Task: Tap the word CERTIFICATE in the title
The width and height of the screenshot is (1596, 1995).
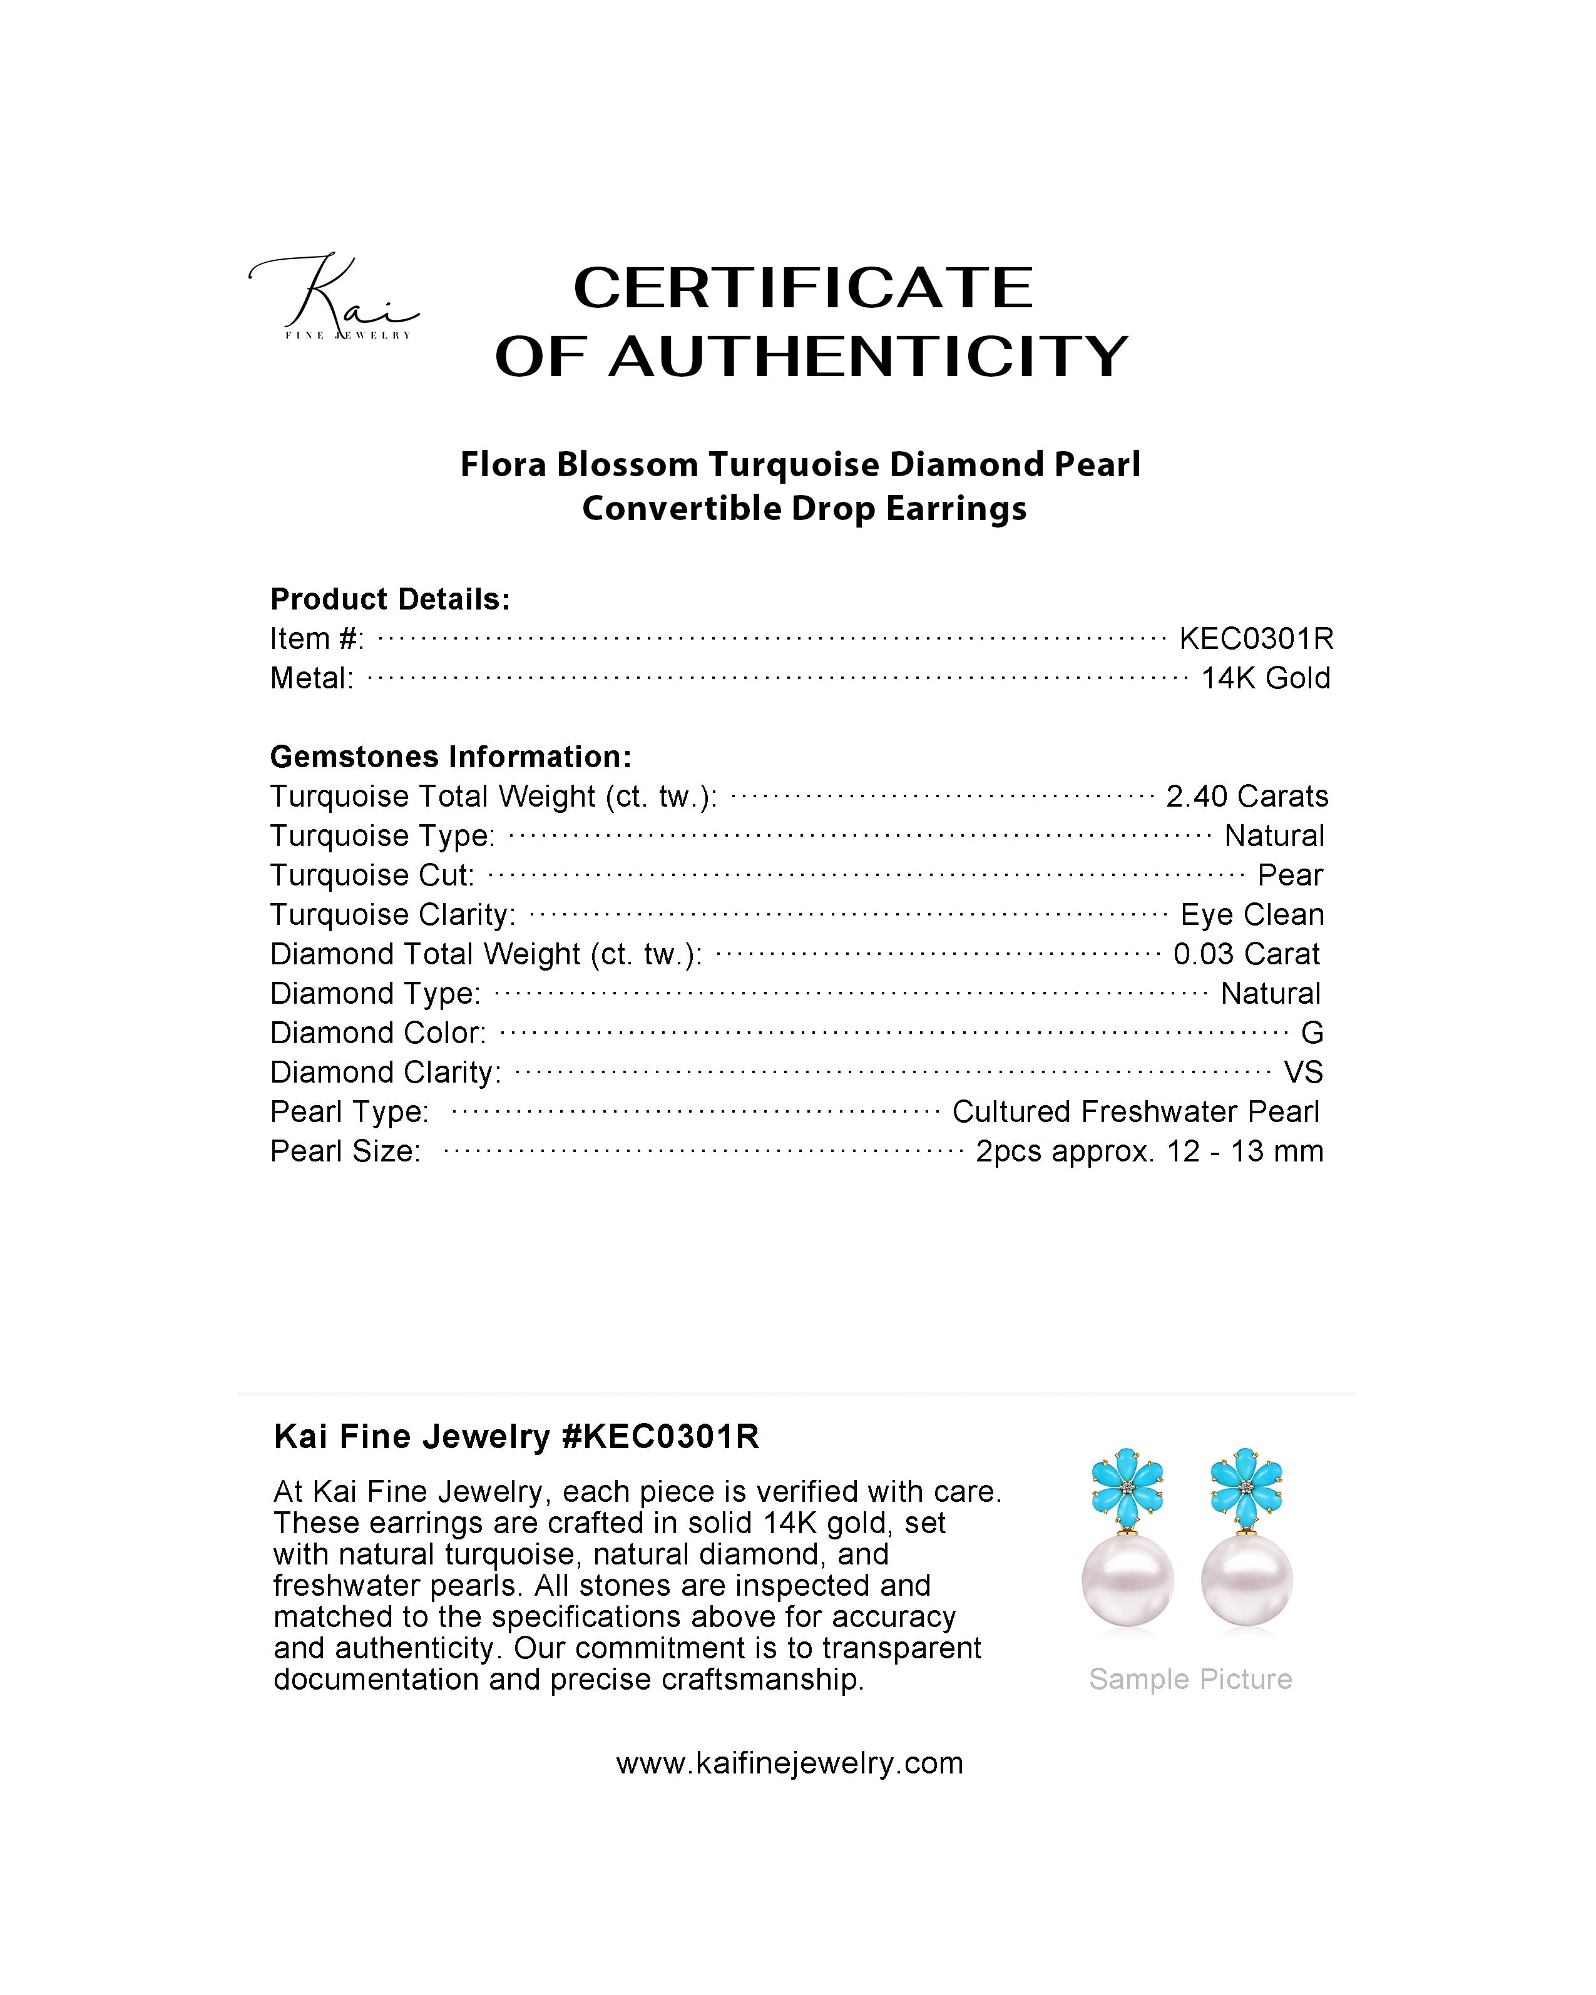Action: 802,288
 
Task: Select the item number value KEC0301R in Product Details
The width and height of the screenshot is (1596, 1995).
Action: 1256,638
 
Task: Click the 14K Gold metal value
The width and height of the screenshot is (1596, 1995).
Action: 1265,678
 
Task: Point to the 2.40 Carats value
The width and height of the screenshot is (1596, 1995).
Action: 1246,796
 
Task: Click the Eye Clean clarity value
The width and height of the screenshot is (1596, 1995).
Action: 1252,914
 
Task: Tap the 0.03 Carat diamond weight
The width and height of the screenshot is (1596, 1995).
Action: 1246,954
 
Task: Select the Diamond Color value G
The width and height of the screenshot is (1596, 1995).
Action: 1312,1033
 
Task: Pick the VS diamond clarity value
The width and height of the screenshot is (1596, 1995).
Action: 1302,1073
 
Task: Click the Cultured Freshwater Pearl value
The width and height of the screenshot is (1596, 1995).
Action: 1135,1111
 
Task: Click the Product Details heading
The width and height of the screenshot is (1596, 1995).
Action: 389,600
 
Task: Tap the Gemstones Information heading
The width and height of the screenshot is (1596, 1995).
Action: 451,757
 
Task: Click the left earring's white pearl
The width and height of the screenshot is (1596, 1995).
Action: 1128,1581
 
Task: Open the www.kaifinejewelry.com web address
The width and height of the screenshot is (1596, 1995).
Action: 789,1763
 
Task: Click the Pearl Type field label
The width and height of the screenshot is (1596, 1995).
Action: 349,1111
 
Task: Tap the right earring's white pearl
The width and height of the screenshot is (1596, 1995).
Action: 1246,1581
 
